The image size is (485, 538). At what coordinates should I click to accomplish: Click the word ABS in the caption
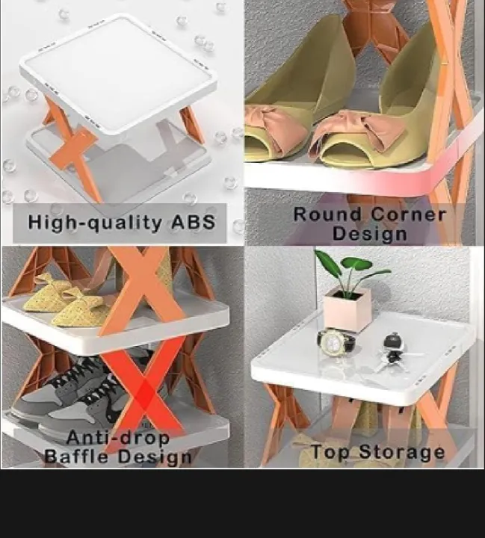tap(194, 223)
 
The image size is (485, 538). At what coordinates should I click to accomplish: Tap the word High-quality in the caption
tap(94, 223)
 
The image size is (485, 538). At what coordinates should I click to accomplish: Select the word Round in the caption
tap(328, 214)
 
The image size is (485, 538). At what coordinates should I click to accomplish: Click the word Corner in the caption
tap(409, 214)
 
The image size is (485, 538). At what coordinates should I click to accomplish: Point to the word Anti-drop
tap(118, 438)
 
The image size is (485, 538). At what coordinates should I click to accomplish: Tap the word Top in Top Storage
tap(330, 452)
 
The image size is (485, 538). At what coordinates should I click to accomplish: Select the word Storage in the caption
tap(402, 452)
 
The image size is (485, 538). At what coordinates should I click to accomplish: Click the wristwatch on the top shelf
tap(336, 341)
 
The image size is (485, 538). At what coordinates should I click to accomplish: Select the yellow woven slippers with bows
tap(65, 300)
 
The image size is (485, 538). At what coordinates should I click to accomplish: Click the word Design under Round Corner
tap(370, 234)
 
